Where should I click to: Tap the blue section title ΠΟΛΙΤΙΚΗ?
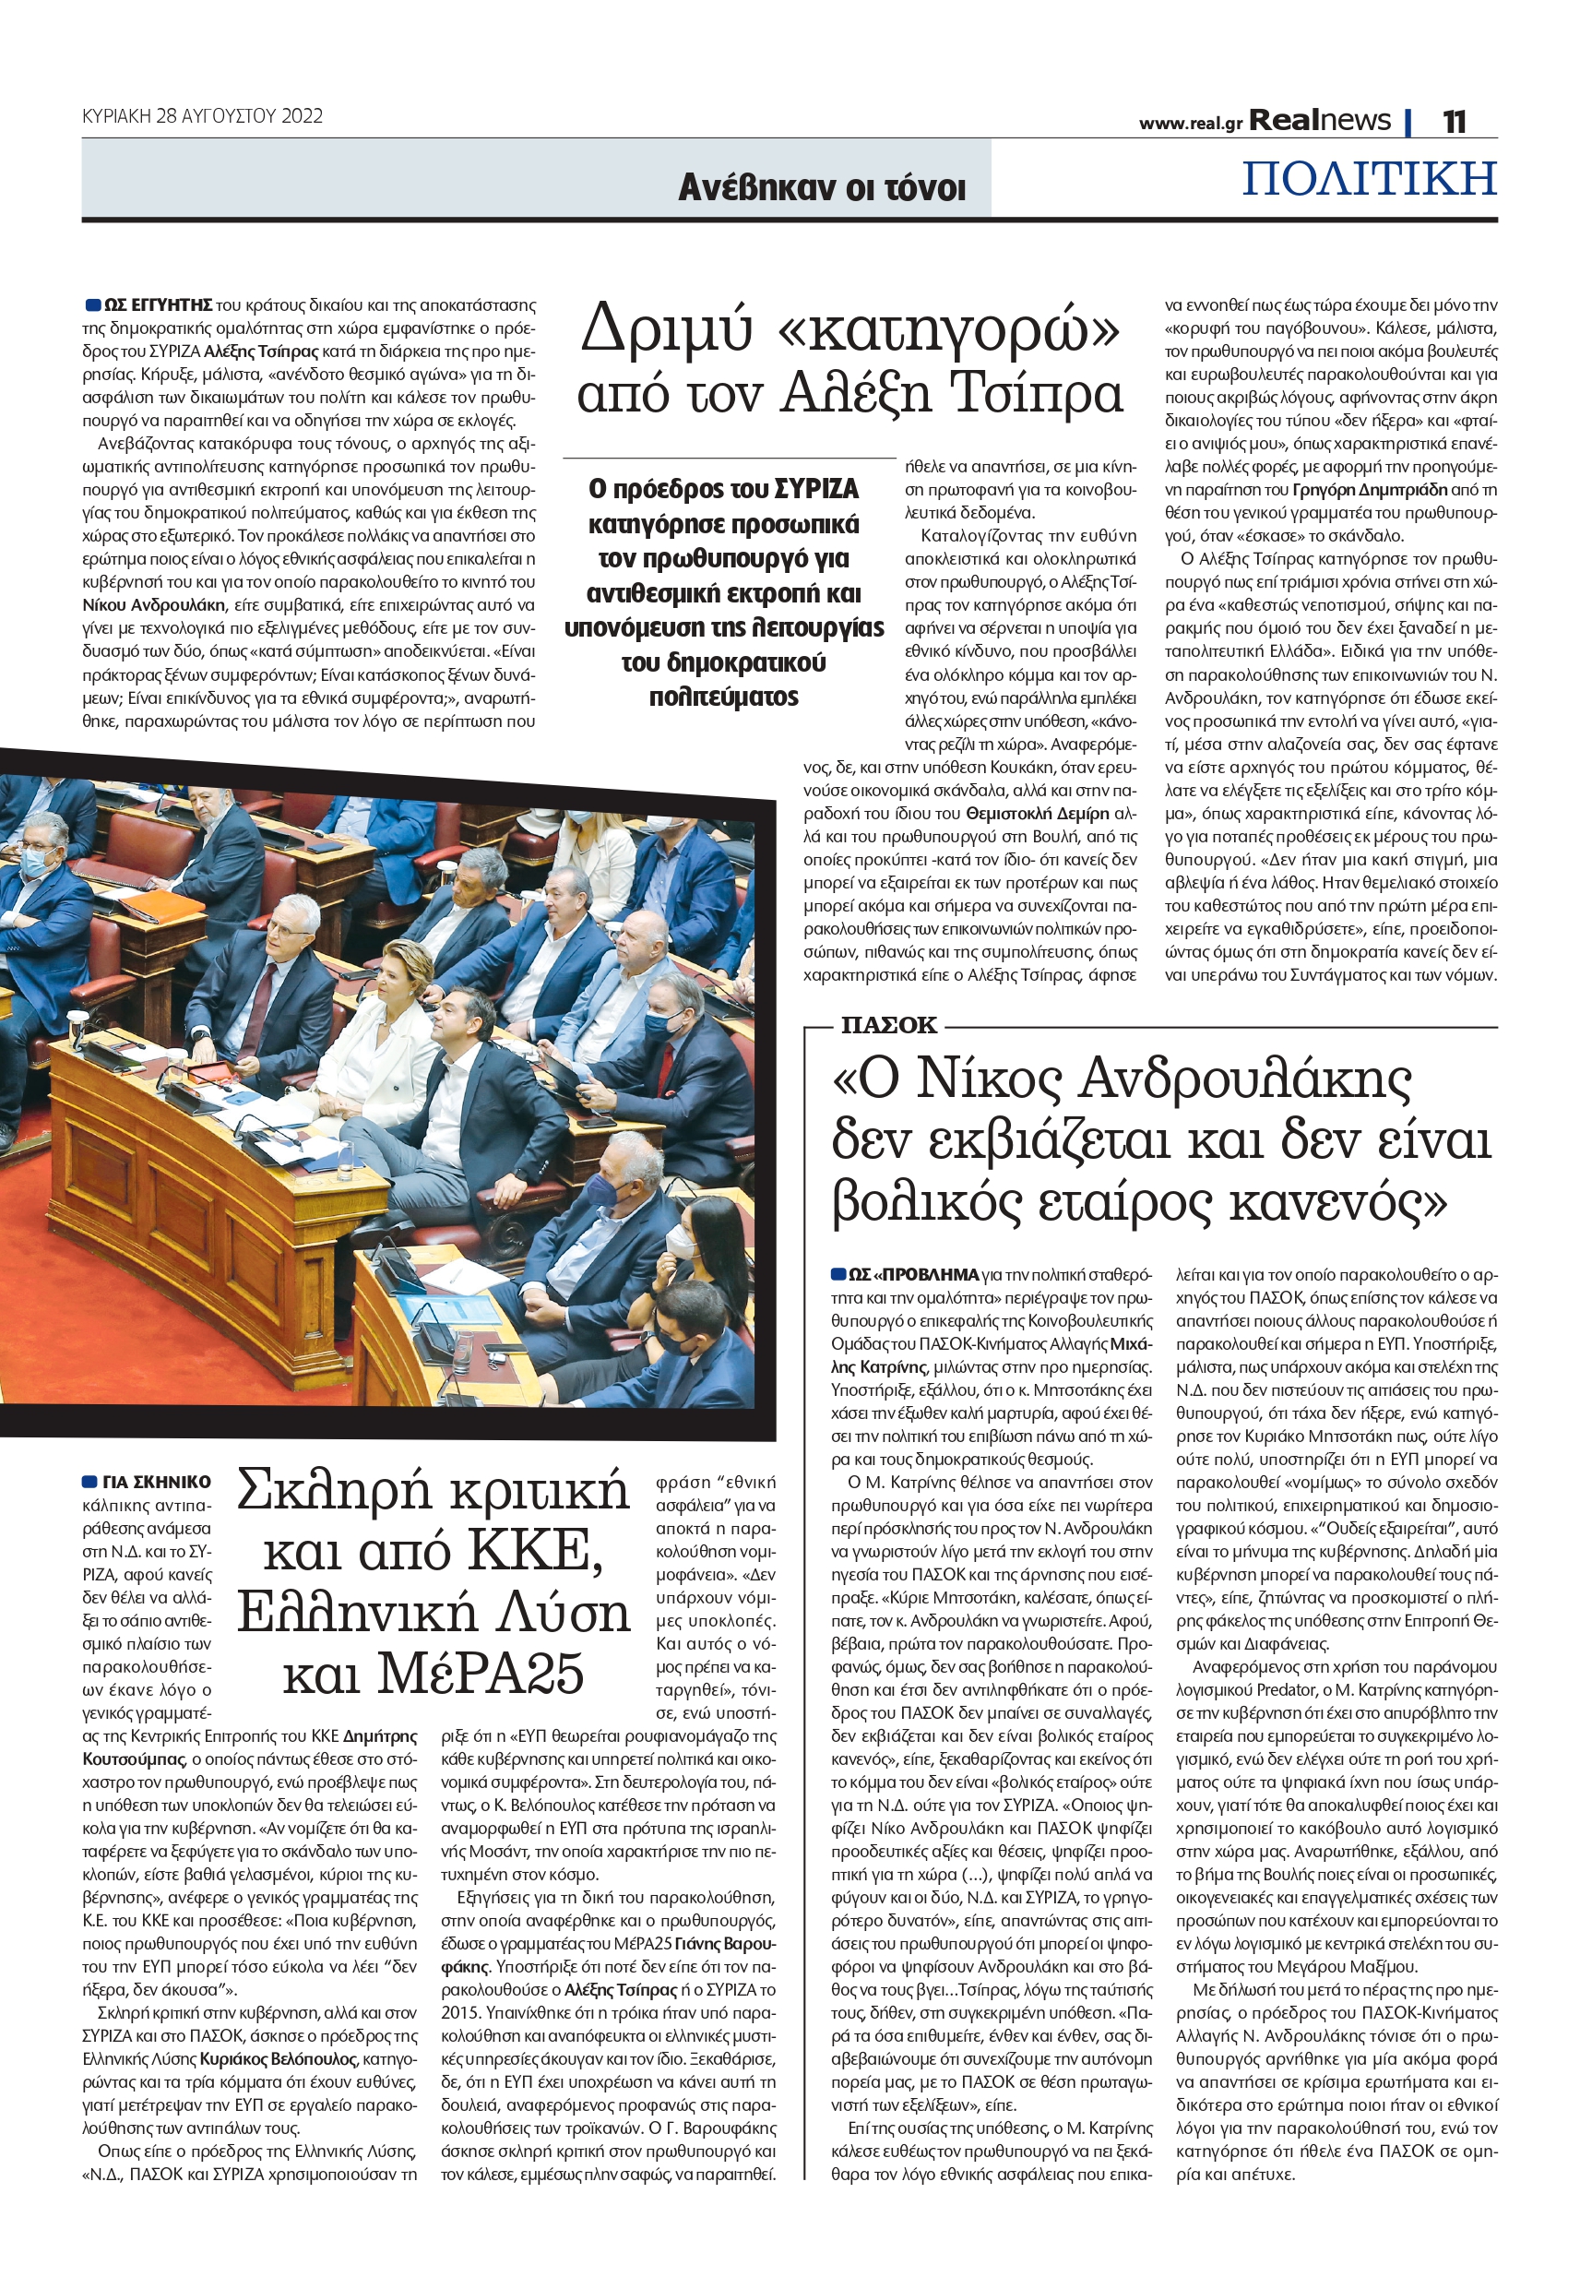1368,179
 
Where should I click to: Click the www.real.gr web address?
1190,124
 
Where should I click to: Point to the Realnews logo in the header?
1319,121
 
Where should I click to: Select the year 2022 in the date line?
302,116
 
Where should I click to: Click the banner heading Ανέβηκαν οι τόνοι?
821,188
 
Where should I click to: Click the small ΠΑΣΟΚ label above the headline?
888,1026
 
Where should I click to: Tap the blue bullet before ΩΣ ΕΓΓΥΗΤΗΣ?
93,305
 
